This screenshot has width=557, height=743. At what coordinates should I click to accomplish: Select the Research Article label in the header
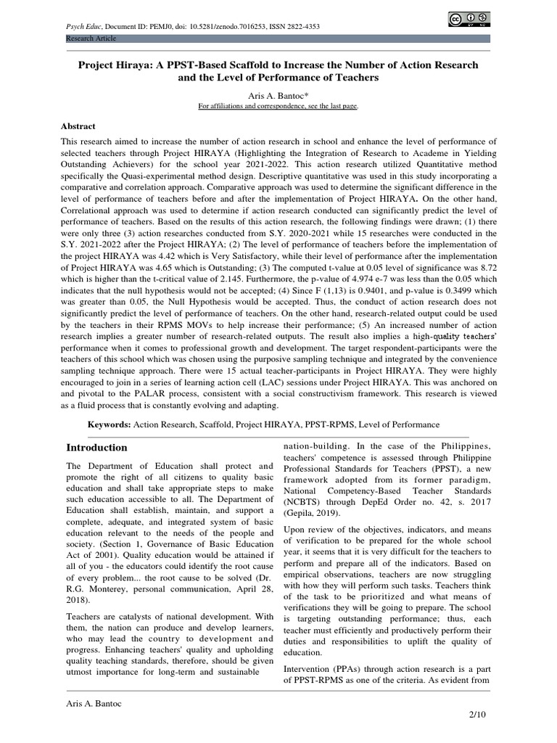click(x=91, y=38)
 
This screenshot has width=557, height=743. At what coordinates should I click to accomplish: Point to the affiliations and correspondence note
click(x=279, y=106)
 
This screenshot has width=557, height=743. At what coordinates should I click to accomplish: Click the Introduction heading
click(x=96, y=448)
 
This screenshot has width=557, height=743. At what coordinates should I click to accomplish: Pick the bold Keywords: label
click(x=110, y=424)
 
